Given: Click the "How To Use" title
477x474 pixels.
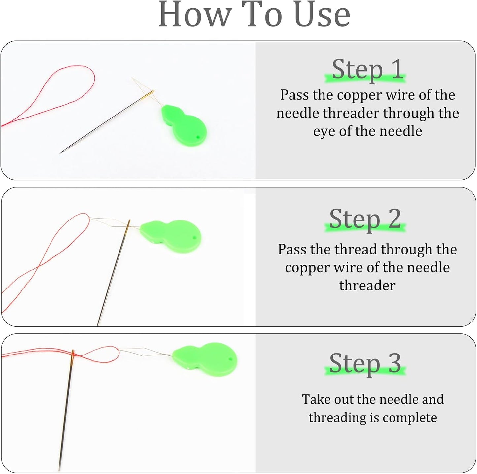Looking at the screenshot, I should [254, 15].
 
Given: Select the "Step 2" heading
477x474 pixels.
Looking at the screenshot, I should [365, 219].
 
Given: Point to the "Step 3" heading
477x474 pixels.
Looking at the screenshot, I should [365, 363].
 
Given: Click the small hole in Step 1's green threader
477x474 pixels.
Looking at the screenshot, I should [198, 137].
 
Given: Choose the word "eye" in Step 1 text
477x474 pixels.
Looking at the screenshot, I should [324, 131].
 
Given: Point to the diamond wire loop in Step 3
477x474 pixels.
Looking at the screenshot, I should [142, 352].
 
